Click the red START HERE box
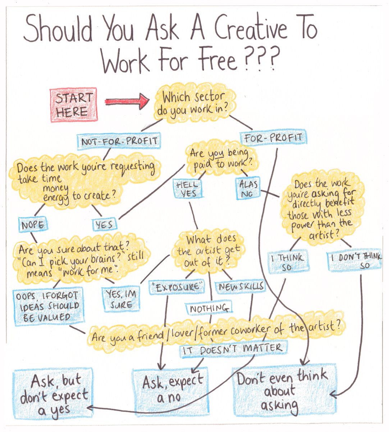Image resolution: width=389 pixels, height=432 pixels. [74, 104]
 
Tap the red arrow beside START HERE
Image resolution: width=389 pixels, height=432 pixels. [127, 102]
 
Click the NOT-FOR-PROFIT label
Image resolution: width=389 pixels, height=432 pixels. [119, 141]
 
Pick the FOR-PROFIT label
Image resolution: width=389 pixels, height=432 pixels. [273, 138]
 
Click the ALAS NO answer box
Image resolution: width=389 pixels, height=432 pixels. [248, 188]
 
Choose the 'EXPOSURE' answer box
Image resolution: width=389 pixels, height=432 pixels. [176, 287]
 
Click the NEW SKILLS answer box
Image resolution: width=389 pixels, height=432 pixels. [240, 287]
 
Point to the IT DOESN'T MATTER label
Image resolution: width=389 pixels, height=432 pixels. [234, 348]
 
